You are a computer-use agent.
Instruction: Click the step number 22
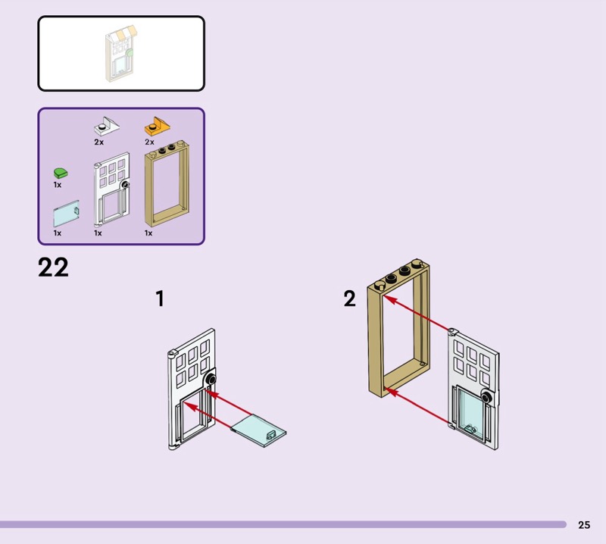pos(53,267)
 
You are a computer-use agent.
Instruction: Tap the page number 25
pos(583,524)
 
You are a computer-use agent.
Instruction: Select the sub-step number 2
pos(349,299)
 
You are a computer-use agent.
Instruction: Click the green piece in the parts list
pos(58,173)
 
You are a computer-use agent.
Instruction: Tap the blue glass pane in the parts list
pos(65,214)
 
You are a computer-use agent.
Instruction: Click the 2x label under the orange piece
pos(149,142)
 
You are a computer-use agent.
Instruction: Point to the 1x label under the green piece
pos(58,185)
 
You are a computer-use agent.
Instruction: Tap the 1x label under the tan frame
pos(148,233)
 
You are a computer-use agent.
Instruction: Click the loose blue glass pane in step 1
pos(259,429)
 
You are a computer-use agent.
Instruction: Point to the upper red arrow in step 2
pos(418,314)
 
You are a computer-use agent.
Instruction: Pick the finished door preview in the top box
pos(120,54)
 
